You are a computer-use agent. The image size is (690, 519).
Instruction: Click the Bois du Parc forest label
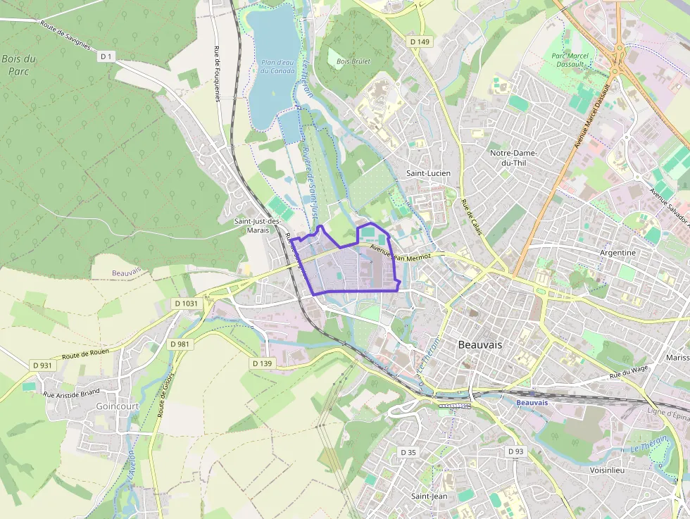coord(18,65)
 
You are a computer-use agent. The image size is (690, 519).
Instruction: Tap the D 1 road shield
coord(106,56)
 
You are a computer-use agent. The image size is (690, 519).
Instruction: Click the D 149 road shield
coord(420,42)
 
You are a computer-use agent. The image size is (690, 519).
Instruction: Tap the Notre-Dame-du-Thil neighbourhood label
coord(513,158)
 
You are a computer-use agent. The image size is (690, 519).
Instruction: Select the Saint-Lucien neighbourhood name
coord(428,173)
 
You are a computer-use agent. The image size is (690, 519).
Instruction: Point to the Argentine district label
coord(617,252)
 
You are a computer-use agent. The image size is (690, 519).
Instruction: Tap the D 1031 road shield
coord(185,303)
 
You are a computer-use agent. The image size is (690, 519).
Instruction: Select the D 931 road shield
coord(42,365)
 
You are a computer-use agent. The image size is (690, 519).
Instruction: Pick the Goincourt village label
coord(117,406)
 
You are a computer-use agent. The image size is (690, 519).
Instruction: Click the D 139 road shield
coord(261,363)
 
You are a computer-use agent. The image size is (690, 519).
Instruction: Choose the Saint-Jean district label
coord(429,496)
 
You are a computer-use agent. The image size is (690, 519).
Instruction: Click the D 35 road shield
coord(408,451)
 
